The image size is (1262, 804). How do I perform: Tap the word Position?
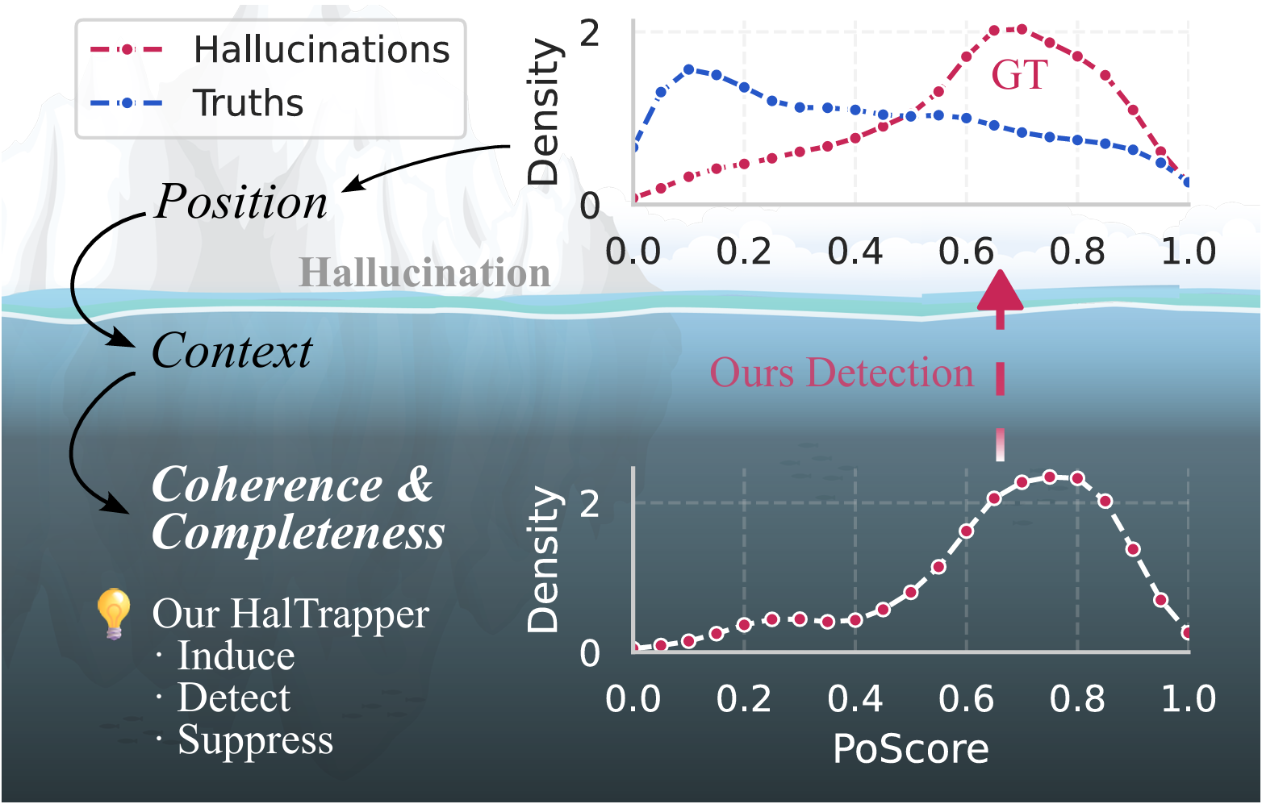coord(240,202)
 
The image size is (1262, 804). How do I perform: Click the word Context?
coord(232,352)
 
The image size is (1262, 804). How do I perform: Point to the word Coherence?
coord(267,485)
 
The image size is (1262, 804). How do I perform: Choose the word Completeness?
coord(298,532)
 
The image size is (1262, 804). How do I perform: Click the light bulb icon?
coord(114,613)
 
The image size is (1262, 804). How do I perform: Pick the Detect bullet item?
coord(233,698)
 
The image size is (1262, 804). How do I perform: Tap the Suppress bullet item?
coord(254,739)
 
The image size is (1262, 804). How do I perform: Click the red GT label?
coord(1019,75)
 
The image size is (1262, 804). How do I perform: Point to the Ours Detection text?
coord(841,373)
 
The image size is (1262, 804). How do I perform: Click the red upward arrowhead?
coord(1001,292)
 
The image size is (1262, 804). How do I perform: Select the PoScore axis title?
coord(910,749)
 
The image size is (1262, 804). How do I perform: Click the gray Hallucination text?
coord(424,273)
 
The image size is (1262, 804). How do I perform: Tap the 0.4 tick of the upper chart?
coord(855,252)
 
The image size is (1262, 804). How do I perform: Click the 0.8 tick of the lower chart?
coord(1077,698)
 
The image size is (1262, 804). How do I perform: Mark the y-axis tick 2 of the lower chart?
coord(590,503)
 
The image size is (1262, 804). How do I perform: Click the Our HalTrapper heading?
coord(290,614)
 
